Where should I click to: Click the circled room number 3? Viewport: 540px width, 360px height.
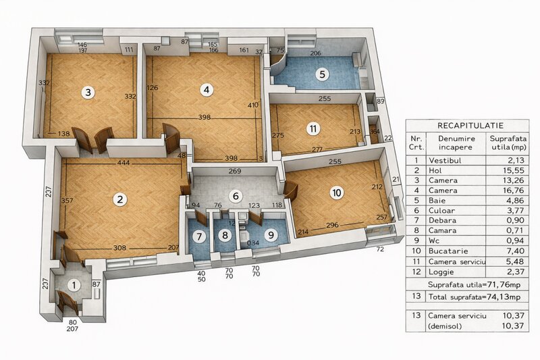pyautogui.click(x=88, y=92)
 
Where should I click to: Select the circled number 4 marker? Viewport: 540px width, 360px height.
pyautogui.click(x=206, y=89)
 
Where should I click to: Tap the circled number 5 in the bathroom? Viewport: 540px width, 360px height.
pyautogui.click(x=322, y=74)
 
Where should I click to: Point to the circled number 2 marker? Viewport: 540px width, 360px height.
pyautogui.click(x=119, y=199)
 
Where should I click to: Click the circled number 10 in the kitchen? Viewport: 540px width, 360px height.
pyautogui.click(x=337, y=192)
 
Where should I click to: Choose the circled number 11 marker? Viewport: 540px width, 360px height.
pyautogui.click(x=313, y=128)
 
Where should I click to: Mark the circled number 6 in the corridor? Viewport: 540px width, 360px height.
pyautogui.click(x=235, y=196)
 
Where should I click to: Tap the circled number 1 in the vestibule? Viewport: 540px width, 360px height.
pyautogui.click(x=74, y=285)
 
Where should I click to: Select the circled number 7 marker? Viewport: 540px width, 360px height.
pyautogui.click(x=198, y=236)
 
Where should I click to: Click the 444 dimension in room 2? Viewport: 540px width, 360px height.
pyautogui.click(x=123, y=163)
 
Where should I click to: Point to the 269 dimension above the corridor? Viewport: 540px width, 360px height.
pyautogui.click(x=234, y=171)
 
